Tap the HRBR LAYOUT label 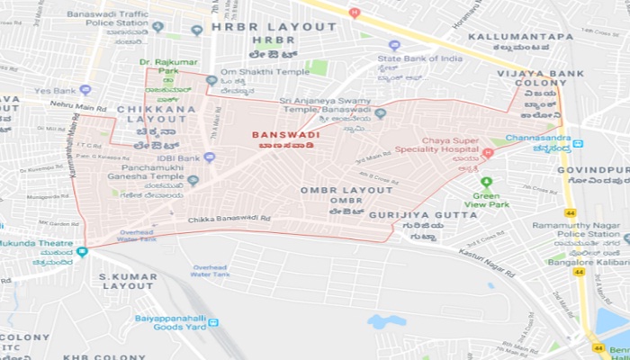click(274, 27)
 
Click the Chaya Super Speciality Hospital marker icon click(488, 153)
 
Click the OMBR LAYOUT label click(346, 190)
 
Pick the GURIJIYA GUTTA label click(436, 216)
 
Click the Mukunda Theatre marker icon click(83, 251)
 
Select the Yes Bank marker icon click(85, 90)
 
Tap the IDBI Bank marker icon click(209, 157)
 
